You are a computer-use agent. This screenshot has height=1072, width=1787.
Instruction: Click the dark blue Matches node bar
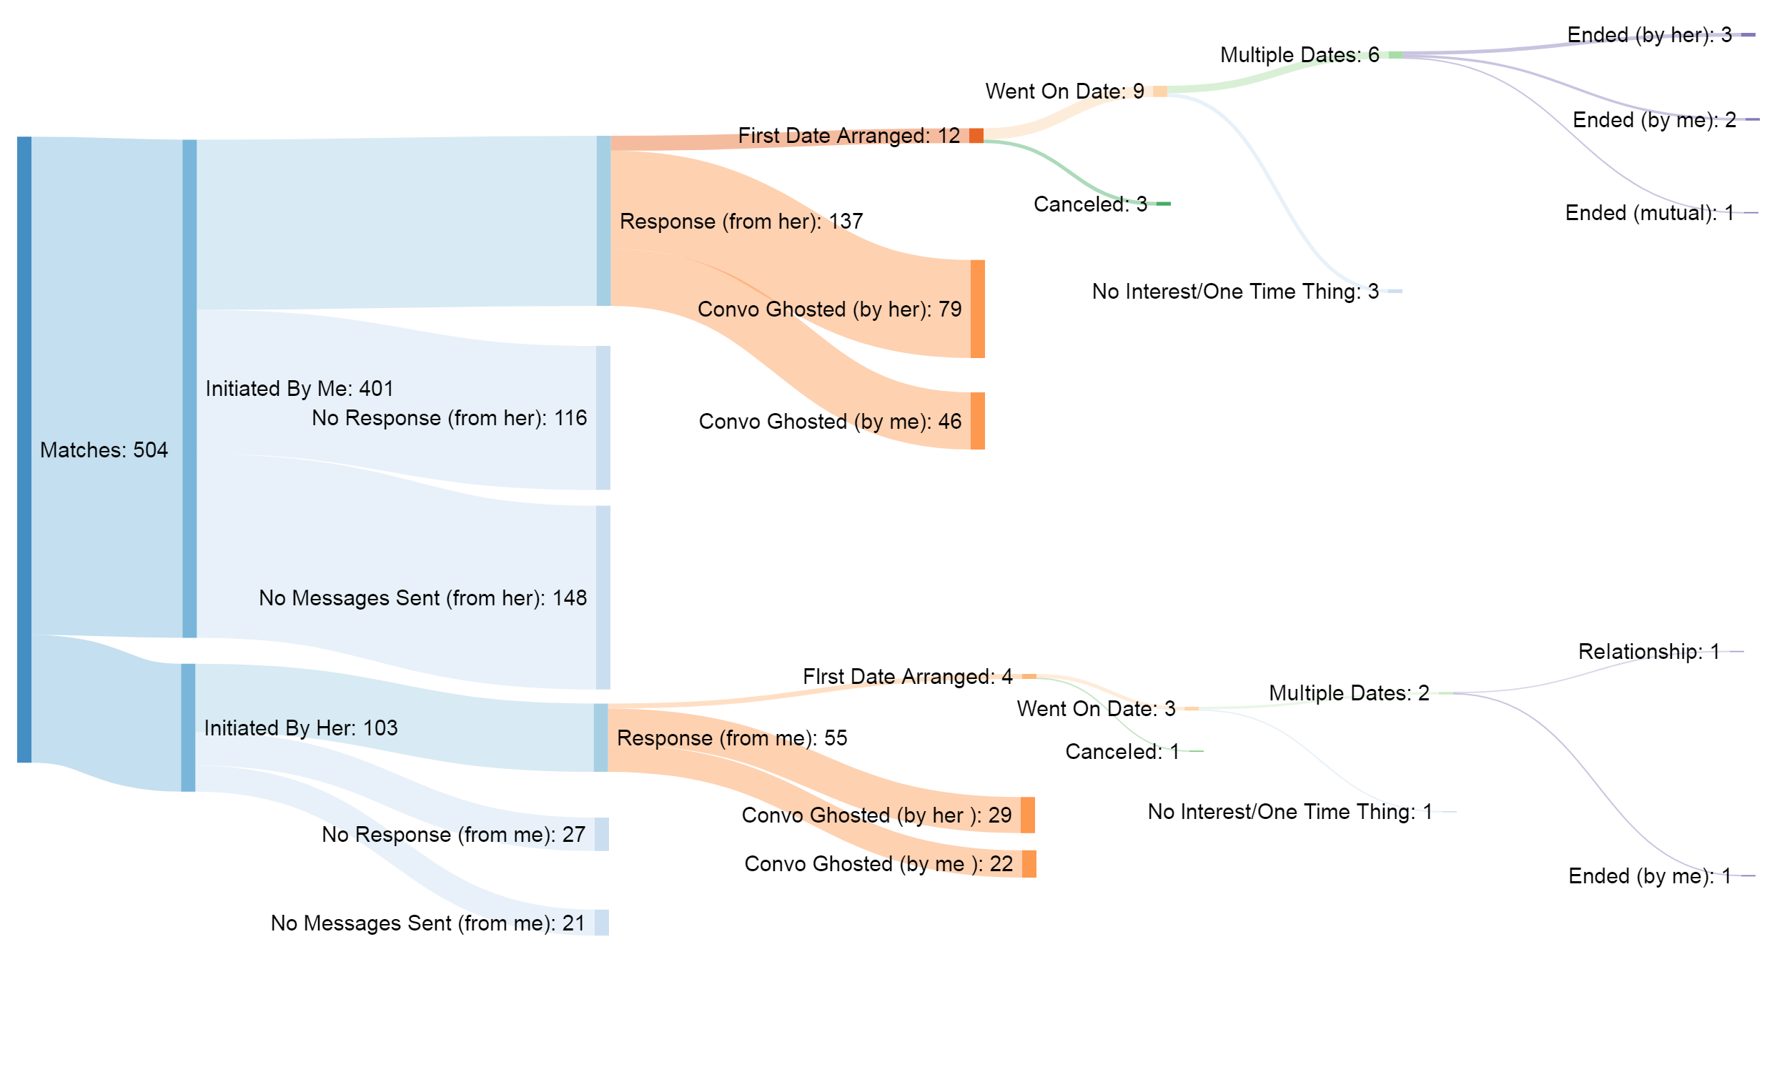[x=24, y=449]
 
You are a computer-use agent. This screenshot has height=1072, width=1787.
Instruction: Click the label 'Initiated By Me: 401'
[x=299, y=389]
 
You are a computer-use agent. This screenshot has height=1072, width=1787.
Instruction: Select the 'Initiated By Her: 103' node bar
[x=188, y=728]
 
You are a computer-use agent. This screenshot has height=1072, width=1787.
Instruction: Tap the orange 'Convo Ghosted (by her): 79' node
[x=977, y=309]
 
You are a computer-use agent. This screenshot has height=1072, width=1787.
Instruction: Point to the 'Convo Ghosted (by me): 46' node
[x=977, y=421]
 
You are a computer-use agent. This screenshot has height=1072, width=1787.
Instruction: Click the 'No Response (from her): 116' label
[x=449, y=418]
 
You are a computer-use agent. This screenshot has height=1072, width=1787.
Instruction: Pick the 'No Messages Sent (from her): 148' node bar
[x=603, y=597]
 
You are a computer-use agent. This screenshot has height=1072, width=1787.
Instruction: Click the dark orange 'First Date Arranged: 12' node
[x=976, y=136]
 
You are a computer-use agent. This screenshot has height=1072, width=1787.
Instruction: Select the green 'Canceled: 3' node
[x=1163, y=204]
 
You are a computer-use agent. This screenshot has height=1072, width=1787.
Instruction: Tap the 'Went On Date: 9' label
[x=1064, y=91]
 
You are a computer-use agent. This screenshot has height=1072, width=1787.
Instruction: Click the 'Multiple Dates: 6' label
[x=1299, y=55]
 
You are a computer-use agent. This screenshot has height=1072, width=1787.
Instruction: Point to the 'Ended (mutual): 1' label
[x=1648, y=213]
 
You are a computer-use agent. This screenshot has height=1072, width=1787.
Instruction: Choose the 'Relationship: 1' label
[x=1648, y=652]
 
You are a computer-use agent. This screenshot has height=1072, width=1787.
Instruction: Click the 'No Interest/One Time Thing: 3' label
[x=1234, y=292]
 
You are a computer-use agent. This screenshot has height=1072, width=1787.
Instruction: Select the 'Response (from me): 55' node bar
[x=600, y=738]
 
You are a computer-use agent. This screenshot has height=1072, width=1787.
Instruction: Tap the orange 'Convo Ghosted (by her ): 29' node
[x=1027, y=815]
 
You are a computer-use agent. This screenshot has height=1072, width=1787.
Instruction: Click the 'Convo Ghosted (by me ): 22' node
[x=1029, y=864]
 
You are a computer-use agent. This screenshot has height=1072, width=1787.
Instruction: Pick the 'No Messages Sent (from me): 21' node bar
[x=602, y=923]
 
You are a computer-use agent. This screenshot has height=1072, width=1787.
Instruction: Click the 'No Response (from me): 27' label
[x=453, y=834]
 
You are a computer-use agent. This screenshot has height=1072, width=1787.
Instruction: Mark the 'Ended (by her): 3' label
[x=1649, y=35]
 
